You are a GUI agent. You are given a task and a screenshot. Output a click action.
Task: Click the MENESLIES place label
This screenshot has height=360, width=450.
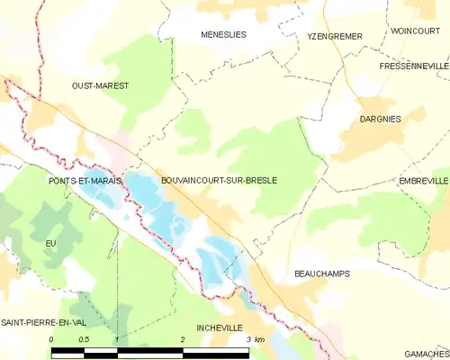[222, 35]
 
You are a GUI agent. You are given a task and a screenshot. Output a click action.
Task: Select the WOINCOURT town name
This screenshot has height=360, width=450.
[415, 31]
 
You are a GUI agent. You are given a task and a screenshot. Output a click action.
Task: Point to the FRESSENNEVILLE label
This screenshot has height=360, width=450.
[414, 67]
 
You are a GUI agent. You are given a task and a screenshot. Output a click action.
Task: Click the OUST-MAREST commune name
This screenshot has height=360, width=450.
[100, 85]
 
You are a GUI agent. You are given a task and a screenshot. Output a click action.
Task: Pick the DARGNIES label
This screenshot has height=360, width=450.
[381, 119]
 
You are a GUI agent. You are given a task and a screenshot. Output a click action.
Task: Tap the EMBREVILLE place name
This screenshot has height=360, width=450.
[423, 181]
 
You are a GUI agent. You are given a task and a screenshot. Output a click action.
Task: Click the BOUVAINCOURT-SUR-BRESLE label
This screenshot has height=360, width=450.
[219, 181]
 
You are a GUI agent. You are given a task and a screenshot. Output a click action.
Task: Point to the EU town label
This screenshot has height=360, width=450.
[50, 244]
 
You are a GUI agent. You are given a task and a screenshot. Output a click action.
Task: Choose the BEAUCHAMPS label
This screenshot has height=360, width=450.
[322, 273]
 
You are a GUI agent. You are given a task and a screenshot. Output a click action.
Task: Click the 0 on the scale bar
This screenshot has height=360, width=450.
[52, 339]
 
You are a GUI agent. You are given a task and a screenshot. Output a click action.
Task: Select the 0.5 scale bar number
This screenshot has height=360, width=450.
[84, 339]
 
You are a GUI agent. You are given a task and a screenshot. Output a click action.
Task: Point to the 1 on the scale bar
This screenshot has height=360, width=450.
[117, 339]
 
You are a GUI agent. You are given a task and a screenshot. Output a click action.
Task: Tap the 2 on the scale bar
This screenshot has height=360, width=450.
[183, 339]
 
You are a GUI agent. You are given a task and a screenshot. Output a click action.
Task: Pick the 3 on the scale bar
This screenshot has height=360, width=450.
[248, 339]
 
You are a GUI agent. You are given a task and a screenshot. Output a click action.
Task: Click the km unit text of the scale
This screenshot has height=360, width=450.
[260, 339]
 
